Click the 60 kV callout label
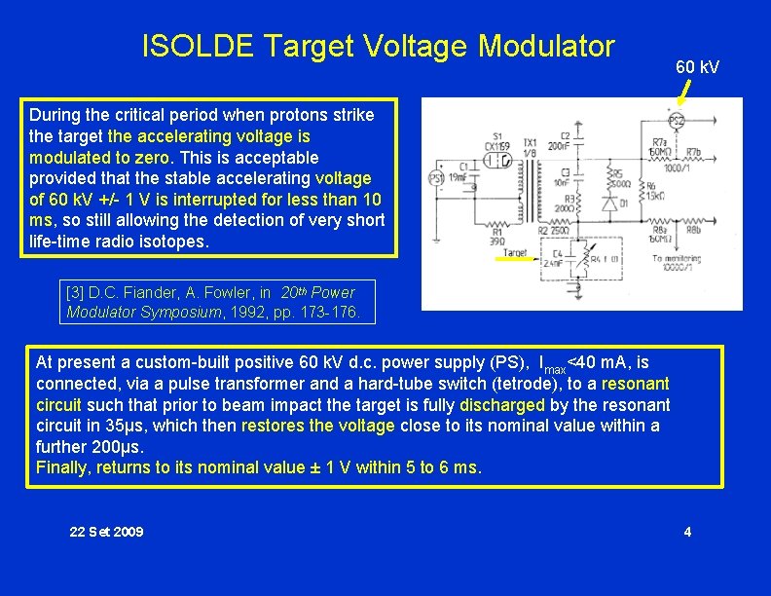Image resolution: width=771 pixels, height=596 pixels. (697, 67)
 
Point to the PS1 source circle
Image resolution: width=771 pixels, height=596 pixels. (437, 178)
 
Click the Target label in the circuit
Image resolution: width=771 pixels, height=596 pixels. (515, 253)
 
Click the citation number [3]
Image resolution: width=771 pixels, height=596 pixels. (76, 292)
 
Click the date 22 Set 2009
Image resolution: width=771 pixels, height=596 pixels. (106, 531)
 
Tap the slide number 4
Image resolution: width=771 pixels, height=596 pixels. (687, 531)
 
